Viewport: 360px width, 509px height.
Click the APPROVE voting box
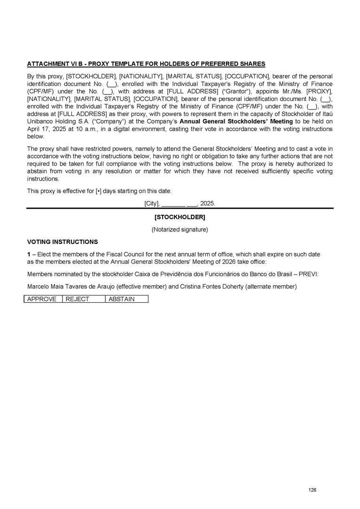click(x=42, y=299)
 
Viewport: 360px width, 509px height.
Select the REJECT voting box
click(x=83, y=299)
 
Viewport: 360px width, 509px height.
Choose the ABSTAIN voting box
click(x=126, y=299)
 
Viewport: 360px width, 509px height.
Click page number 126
click(x=313, y=490)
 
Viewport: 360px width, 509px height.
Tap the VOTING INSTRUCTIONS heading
click(x=63, y=242)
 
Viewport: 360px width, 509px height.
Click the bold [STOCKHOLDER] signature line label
click(x=180, y=218)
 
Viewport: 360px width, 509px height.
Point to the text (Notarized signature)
click(x=180, y=230)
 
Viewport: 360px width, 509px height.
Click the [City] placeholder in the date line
click(x=152, y=204)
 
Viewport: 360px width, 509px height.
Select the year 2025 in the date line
click(x=207, y=204)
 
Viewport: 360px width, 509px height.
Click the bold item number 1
click(x=29, y=254)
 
